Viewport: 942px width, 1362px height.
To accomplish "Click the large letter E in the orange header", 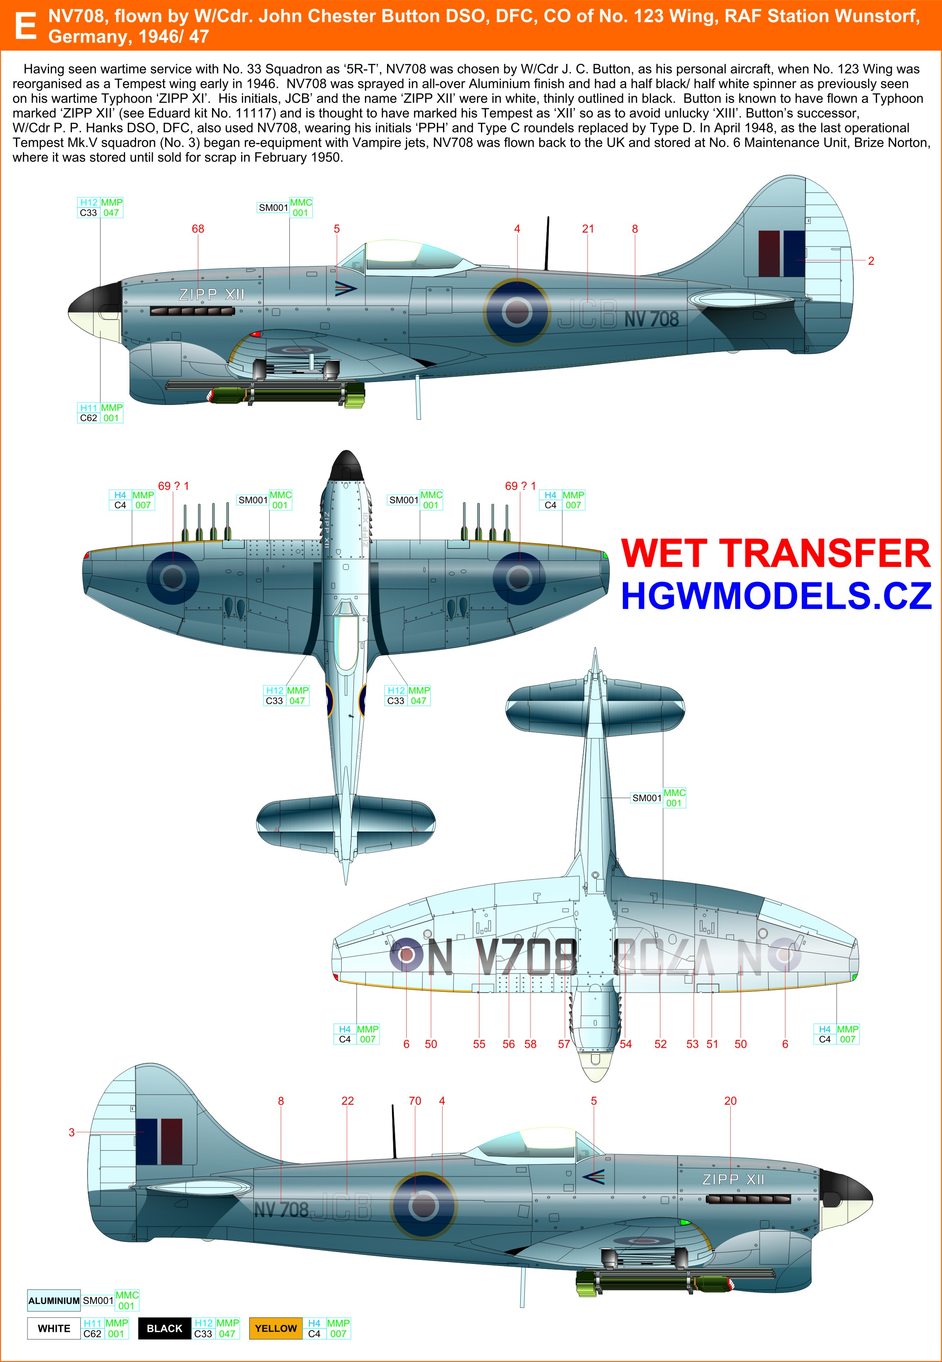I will click(25, 26).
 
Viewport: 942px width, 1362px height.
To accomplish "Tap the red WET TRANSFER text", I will click(775, 554).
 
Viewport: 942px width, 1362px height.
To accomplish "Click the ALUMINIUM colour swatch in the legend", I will click(54, 1301).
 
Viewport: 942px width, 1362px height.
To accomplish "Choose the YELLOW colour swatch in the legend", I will click(275, 1328).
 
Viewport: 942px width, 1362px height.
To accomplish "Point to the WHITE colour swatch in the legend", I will click(54, 1328).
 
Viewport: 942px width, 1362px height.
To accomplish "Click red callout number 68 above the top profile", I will click(198, 229).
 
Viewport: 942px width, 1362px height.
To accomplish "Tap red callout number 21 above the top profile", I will click(588, 229).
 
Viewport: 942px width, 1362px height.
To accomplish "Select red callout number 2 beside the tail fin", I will click(870, 261).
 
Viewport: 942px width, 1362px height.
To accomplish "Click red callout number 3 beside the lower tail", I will click(72, 1132).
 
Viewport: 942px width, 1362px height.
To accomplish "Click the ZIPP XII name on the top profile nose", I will click(211, 295).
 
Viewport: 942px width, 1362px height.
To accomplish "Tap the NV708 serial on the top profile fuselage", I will click(651, 319).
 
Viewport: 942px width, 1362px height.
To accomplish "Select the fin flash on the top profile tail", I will click(781, 254).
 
